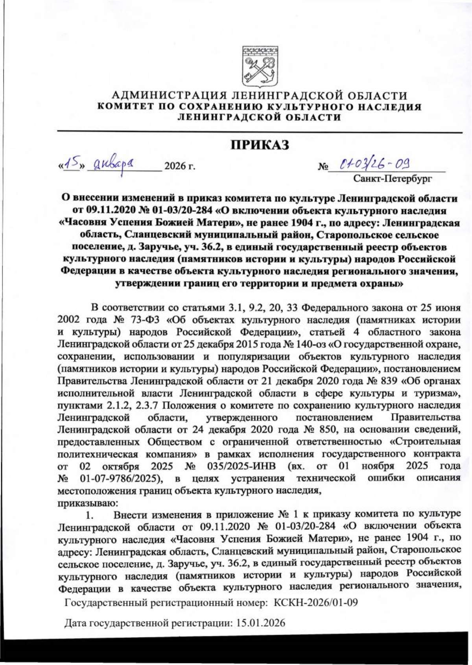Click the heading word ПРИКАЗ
click(260, 145)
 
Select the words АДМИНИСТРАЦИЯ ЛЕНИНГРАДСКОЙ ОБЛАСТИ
click(260, 96)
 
